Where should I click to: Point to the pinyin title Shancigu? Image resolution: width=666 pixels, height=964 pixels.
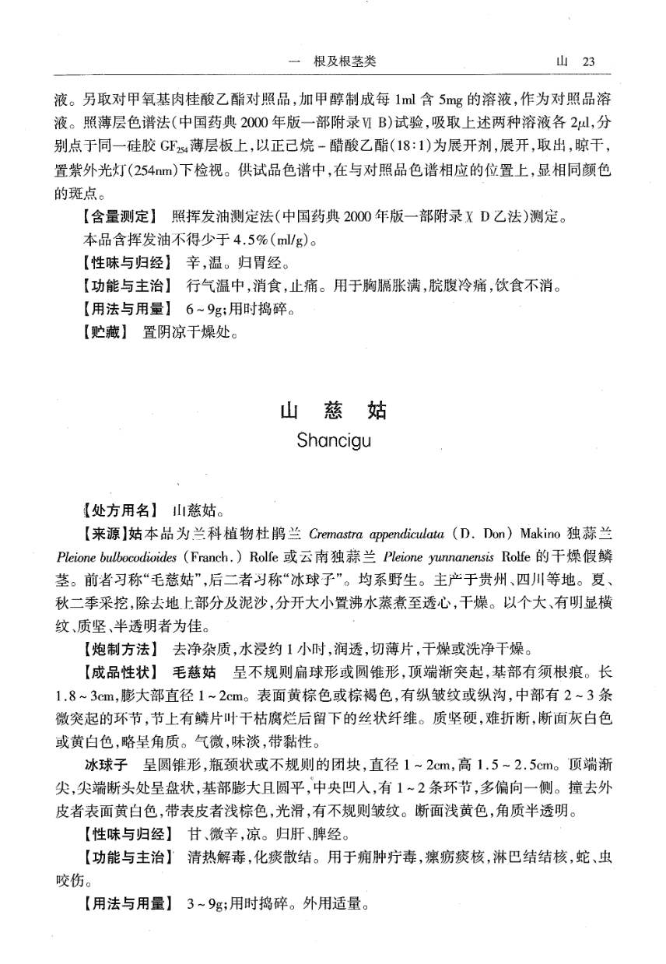point(333,440)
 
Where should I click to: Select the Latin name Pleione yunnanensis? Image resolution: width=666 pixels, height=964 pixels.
point(423,558)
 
